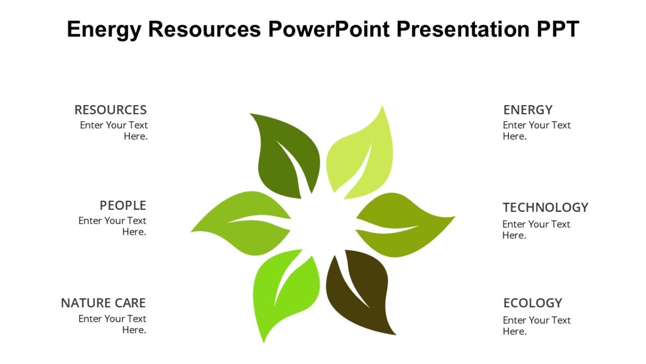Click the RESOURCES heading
tap(110, 110)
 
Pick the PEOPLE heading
tap(123, 205)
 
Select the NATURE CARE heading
tap(103, 303)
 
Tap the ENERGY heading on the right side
tap(528, 110)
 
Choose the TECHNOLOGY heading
tap(545, 208)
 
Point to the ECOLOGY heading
tap(532, 303)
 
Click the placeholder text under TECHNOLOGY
tap(536, 230)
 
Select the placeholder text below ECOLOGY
tap(537, 326)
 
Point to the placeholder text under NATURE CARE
tap(113, 324)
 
